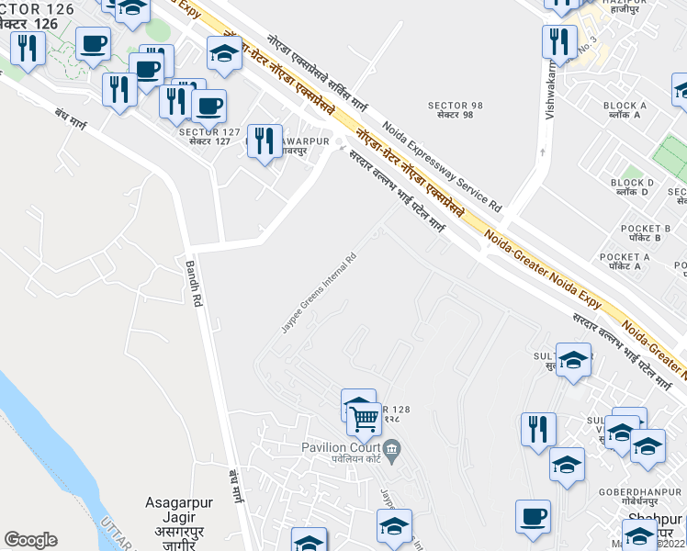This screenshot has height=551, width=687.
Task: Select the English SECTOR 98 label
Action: (450, 106)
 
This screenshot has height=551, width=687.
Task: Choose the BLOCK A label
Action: (625, 106)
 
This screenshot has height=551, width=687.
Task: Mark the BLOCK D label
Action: (632, 183)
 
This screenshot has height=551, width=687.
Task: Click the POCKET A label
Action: (625, 257)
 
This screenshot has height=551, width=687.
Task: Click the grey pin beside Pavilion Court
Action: (392, 448)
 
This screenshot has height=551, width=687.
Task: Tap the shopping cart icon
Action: (365, 419)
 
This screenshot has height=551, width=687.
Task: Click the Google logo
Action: (30, 540)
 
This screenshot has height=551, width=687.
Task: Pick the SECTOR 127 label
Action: (209, 132)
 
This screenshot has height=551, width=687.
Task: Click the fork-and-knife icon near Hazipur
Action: (559, 41)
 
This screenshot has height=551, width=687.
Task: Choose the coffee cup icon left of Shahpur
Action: (533, 517)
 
